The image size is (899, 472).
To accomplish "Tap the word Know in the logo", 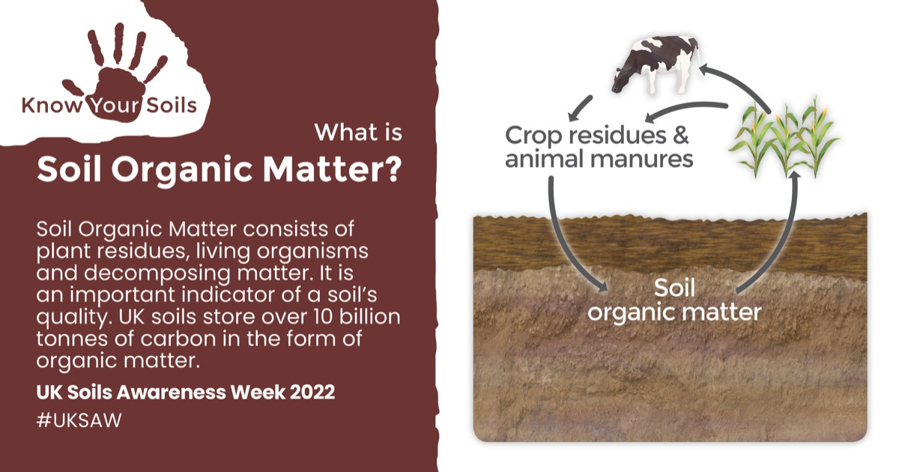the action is pyautogui.click(x=52, y=106).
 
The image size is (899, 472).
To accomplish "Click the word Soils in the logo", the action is pyautogui.click(x=172, y=106).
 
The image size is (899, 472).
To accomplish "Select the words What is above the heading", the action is pyautogui.click(x=358, y=133).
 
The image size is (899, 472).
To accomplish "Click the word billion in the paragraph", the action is pyautogui.click(x=369, y=316).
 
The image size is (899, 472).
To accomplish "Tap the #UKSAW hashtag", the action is pyautogui.click(x=79, y=420).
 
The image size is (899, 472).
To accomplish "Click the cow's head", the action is pyautogui.click(x=621, y=80).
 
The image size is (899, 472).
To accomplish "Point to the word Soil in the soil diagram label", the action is pyautogui.click(x=674, y=288).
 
